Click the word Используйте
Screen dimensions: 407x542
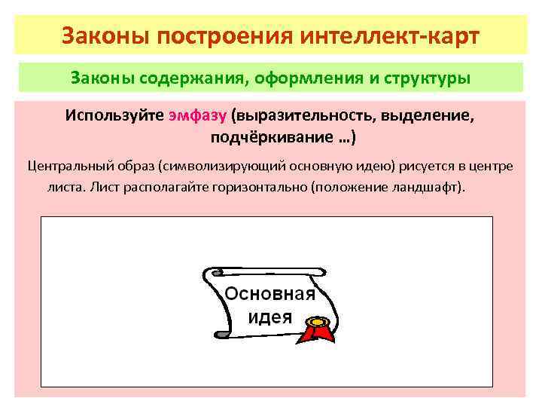pos(113,118)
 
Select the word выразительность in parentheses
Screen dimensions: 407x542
pos(306,118)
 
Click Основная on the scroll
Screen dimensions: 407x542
pos(269,294)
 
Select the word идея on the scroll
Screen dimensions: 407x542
pos(269,316)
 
